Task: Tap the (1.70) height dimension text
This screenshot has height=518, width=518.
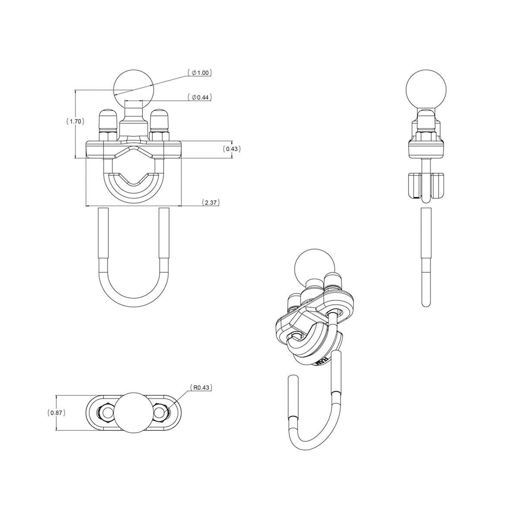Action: [x=75, y=121]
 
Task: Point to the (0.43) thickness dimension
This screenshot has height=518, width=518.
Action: [x=232, y=148]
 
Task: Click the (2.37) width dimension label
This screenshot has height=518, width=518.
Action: [x=211, y=202]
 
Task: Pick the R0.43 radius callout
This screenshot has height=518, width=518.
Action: [x=201, y=388]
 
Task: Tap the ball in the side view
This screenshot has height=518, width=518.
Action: [x=426, y=89]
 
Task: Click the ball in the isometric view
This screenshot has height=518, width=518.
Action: [x=315, y=269]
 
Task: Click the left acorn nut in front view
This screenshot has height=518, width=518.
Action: [x=108, y=120]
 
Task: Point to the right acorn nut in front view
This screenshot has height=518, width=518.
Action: [x=160, y=120]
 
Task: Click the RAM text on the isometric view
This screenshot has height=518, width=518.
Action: [x=322, y=361]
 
